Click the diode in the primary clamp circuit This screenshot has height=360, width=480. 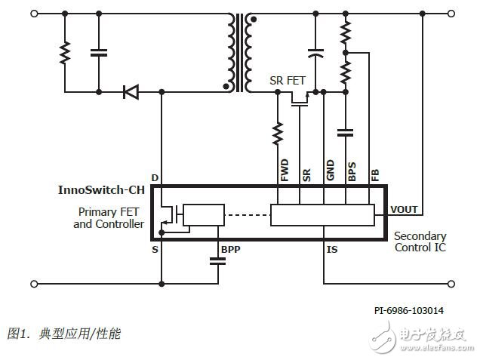pyautogui.click(x=131, y=92)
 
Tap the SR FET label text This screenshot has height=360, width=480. pyautogui.click(x=287, y=81)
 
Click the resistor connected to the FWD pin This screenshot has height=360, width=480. pyautogui.click(x=278, y=134)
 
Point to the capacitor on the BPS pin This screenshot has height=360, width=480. pyautogui.click(x=346, y=133)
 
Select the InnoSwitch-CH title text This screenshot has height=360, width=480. pyautogui.click(x=101, y=190)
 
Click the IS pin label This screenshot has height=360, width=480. pyautogui.click(x=331, y=248)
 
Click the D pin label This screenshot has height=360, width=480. pyautogui.click(x=155, y=178)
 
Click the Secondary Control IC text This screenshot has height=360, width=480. pyautogui.click(x=420, y=242)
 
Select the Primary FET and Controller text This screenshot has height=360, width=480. pyautogui.click(x=109, y=218)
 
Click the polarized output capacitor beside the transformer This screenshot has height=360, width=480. pyautogui.click(x=317, y=54)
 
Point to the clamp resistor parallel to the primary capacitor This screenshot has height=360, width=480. pyautogui.click(x=65, y=53)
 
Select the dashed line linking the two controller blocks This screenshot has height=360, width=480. pyautogui.click(x=247, y=216)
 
